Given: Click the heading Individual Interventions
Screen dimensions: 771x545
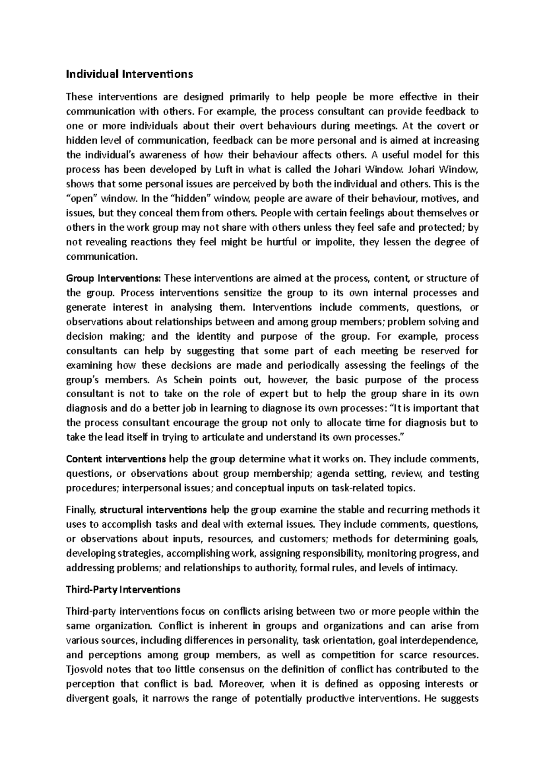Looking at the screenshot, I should point(129,74).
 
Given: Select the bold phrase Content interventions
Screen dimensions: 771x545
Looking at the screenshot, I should point(116,459).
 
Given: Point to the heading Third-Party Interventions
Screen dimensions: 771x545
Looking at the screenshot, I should point(123,589).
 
